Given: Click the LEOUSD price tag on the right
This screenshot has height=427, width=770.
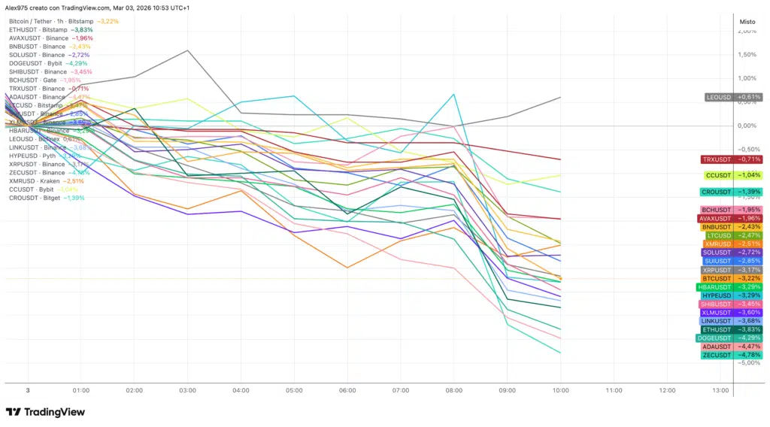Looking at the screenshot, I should [x=733, y=97].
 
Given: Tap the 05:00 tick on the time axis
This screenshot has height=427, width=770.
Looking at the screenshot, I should [x=294, y=391].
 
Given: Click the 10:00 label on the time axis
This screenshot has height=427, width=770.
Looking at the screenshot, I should [x=560, y=391].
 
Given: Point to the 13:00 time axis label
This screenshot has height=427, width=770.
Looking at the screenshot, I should [x=720, y=391].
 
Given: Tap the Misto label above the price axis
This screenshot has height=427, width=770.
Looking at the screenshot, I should [x=747, y=22].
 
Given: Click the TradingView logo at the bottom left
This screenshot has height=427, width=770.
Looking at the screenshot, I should [x=45, y=412].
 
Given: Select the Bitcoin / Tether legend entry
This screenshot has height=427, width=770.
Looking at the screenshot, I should [x=53, y=22].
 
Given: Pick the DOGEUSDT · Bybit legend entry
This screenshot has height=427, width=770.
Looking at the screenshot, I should [x=36, y=63].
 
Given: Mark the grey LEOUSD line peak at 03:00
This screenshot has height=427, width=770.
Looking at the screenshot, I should [x=188, y=50].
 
